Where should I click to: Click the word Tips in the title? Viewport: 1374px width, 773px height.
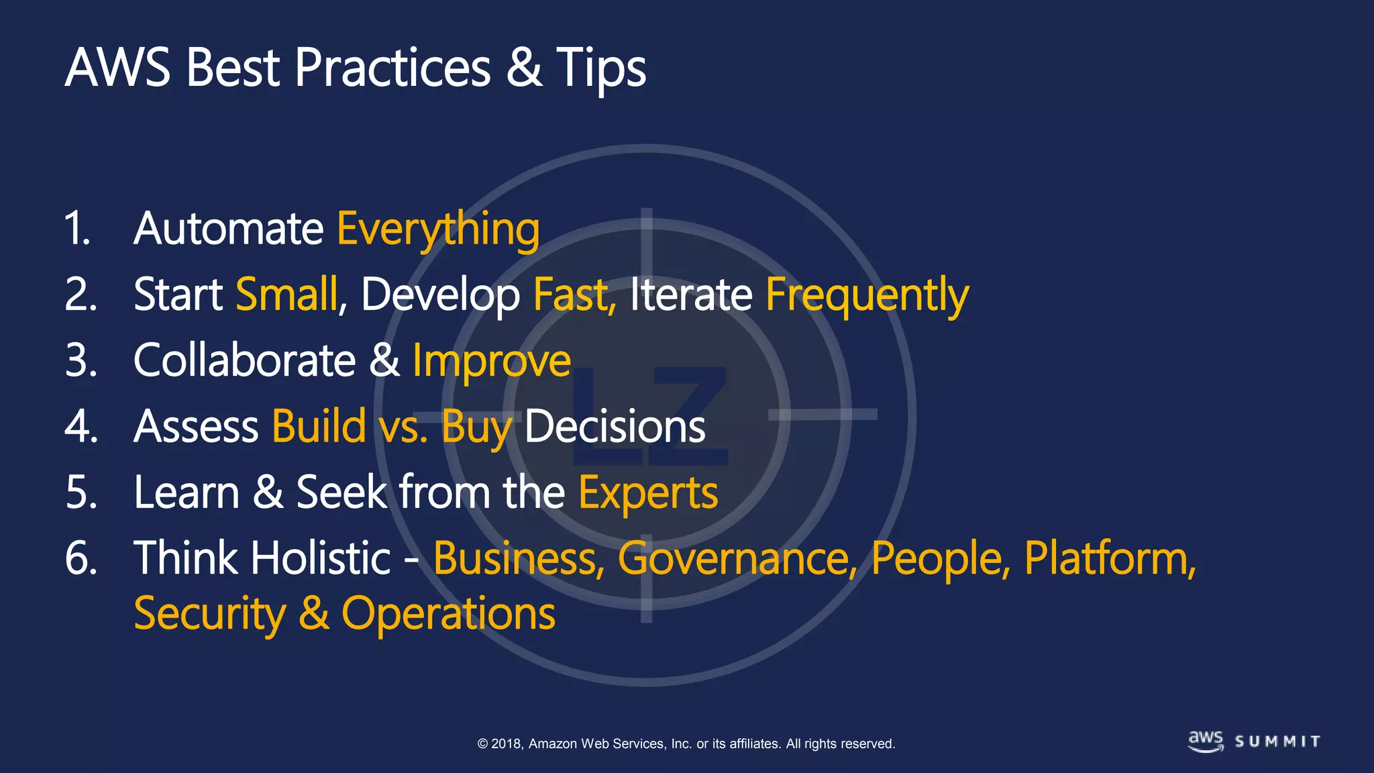[600, 68]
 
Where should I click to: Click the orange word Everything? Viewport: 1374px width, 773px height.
[437, 229]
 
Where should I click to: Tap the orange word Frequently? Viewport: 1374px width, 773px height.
[867, 295]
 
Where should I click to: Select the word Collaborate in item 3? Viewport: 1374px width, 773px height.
[244, 361]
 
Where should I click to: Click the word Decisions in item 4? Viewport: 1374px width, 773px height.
[615, 427]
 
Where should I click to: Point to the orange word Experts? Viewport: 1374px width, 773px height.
[648, 493]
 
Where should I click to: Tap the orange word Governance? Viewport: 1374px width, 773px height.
[737, 559]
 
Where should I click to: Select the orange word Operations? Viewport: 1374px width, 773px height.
[448, 614]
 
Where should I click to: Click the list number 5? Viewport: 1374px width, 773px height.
[81, 493]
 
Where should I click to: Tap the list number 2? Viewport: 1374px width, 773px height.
[81, 295]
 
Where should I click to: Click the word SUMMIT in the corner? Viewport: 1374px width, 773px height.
[1277, 741]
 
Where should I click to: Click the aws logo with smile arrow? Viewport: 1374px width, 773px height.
[1206, 741]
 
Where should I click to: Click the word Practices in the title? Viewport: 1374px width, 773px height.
[392, 68]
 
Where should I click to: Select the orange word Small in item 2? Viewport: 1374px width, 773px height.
[288, 295]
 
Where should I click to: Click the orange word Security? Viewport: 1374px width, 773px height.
[210, 614]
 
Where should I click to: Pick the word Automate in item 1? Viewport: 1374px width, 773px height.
[229, 229]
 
